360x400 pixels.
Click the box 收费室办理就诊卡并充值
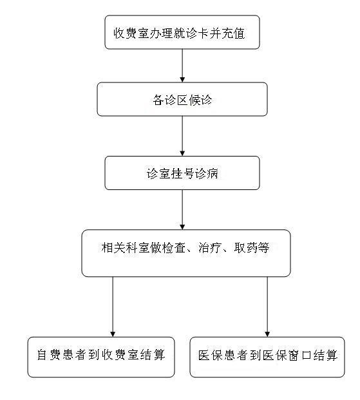182,32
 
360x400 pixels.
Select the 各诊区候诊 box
182,99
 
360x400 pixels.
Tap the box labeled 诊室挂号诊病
182,173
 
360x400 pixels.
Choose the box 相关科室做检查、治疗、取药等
186,253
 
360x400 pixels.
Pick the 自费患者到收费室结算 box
101,357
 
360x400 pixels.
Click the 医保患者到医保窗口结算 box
267,357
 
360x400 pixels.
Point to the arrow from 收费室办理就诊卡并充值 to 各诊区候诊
182,66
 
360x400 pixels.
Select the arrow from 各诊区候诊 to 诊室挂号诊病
182,136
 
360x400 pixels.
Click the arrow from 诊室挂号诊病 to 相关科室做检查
182,210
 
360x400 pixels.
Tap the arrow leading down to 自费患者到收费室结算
113,307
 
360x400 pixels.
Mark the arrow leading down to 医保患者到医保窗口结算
267,307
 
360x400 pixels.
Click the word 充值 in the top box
233,33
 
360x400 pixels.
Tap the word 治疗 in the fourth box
209,247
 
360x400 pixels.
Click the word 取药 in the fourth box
245,247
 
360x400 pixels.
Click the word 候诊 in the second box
200,100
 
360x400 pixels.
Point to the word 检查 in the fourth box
173,247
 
